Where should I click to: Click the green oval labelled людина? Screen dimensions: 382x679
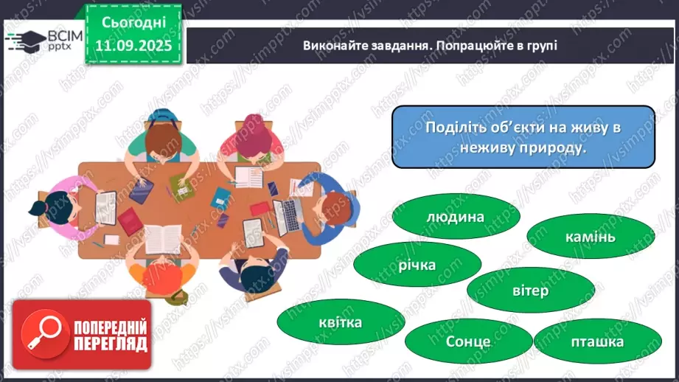click(455, 218)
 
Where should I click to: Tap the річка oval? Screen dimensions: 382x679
click(418, 265)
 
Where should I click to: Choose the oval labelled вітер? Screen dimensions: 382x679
click(529, 291)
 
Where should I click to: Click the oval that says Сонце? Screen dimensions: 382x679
click(467, 341)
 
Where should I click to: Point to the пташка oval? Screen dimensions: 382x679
click(596, 341)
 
